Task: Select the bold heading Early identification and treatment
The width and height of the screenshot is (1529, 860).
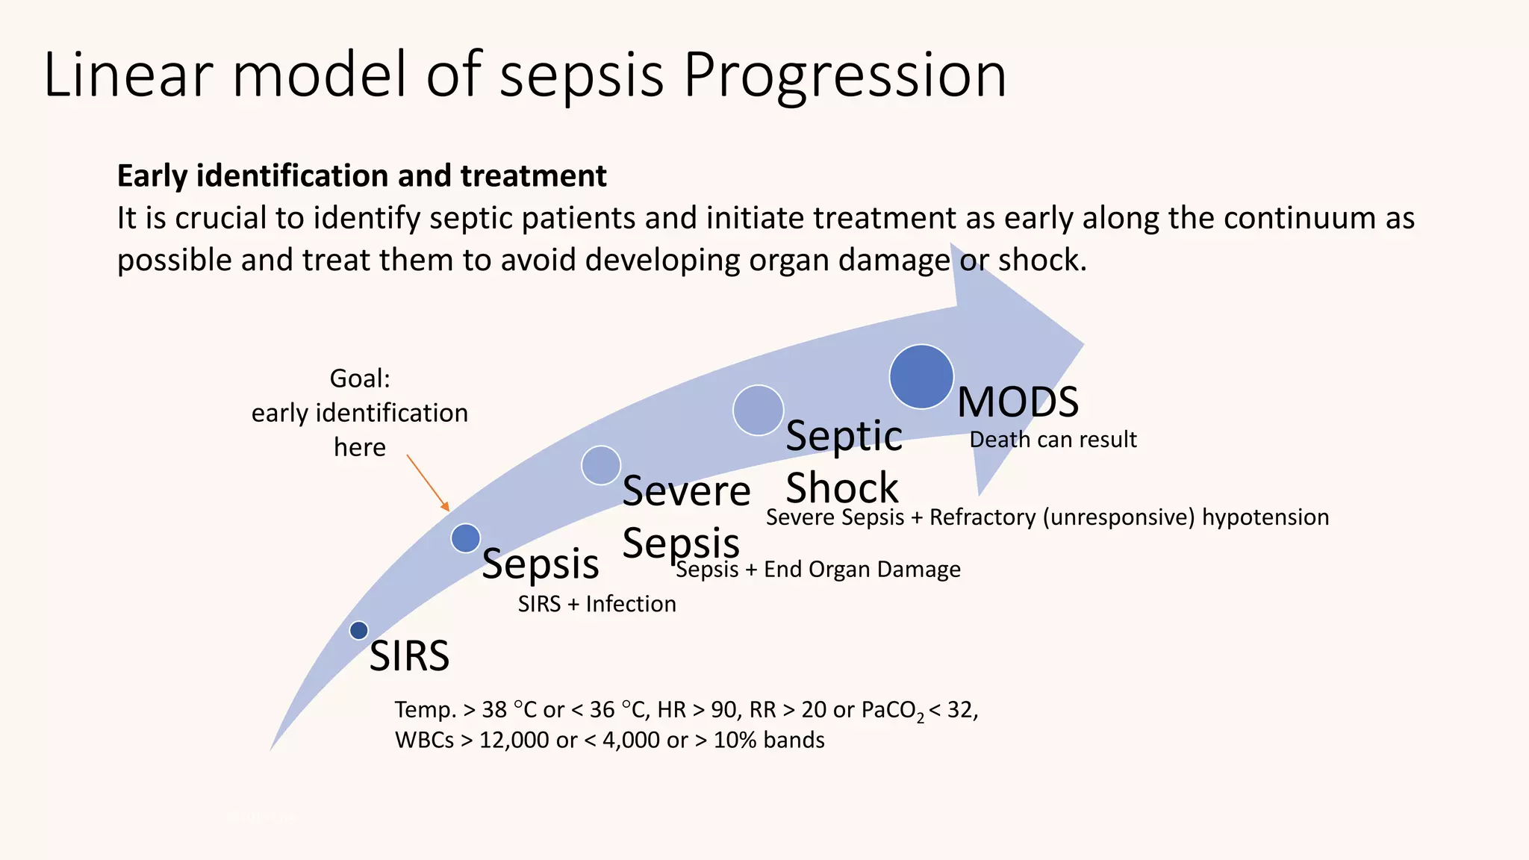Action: pyautogui.click(x=361, y=176)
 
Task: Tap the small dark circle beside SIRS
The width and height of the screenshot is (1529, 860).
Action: pyautogui.click(x=359, y=630)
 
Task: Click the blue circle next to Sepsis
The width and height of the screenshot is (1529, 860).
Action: pyautogui.click(x=466, y=537)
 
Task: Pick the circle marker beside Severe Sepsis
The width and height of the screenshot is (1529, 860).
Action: pyautogui.click(x=601, y=465)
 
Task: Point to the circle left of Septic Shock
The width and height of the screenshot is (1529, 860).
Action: pyautogui.click(x=758, y=410)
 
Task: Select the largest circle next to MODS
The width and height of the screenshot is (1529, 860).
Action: pyautogui.click(x=921, y=376)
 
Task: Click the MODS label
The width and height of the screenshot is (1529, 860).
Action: pyautogui.click(x=1018, y=402)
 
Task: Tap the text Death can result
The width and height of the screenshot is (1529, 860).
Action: pyautogui.click(x=1053, y=440)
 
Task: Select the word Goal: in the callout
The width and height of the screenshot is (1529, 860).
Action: pyautogui.click(x=360, y=378)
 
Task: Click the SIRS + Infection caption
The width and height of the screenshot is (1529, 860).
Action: pyautogui.click(x=597, y=604)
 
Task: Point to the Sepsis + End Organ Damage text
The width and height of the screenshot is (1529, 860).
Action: pyautogui.click(x=818, y=570)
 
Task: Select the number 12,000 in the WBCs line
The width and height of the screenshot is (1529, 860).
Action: pyautogui.click(x=514, y=741)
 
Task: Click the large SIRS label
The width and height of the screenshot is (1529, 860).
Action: pyautogui.click(x=409, y=656)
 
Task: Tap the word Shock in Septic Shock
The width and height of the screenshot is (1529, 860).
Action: pyautogui.click(x=841, y=488)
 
